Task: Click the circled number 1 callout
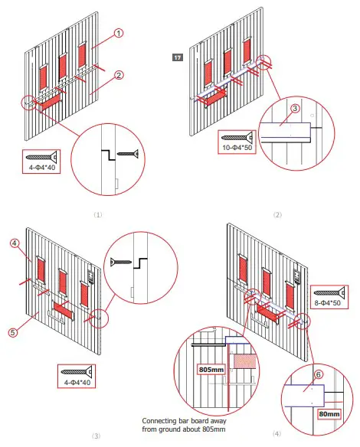(119, 33)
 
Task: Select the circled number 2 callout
(119, 75)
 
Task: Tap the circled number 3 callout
(295, 108)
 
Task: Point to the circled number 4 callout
(15, 243)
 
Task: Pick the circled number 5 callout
(13, 332)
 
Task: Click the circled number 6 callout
(319, 374)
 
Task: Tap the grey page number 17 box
(178, 57)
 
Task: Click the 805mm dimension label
(211, 370)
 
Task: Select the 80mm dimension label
(329, 413)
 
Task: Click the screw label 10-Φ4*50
(237, 148)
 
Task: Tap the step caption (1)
(98, 214)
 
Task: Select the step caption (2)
(277, 214)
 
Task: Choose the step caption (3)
(97, 436)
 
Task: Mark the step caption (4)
(277, 433)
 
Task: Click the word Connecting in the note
(159, 421)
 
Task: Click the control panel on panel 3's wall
(91, 276)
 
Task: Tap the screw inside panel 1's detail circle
(128, 154)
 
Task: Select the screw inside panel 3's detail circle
(121, 261)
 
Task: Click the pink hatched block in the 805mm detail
(244, 361)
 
